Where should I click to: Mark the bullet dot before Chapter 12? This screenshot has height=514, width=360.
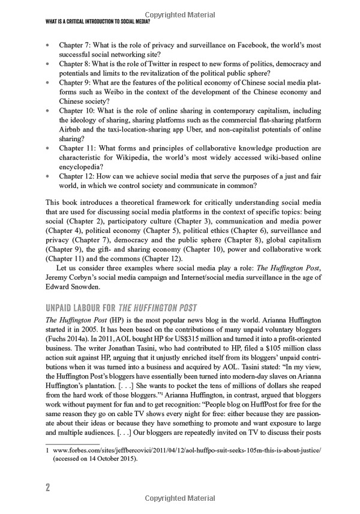coord(47,177)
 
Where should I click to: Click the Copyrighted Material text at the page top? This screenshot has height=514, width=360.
coord(180,13)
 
